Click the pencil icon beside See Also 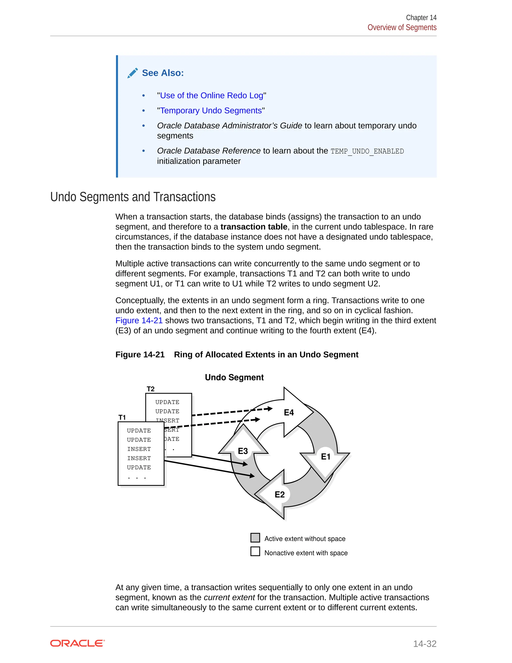pyautogui.click(x=132, y=73)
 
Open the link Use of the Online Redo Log pyautogui.click(x=211, y=96)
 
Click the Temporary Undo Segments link pyautogui.click(x=211, y=111)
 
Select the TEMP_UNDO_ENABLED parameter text pyautogui.click(x=367, y=151)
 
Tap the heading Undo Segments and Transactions pyautogui.click(x=133, y=197)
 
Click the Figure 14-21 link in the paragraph pyautogui.click(x=139, y=320)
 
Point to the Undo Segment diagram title pyautogui.click(x=234, y=377)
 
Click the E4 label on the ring pyautogui.click(x=289, y=413)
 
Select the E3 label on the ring pyautogui.click(x=243, y=451)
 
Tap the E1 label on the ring pyautogui.click(x=325, y=457)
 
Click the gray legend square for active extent pyautogui.click(x=255, y=538)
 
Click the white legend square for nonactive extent pyautogui.click(x=255, y=552)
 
